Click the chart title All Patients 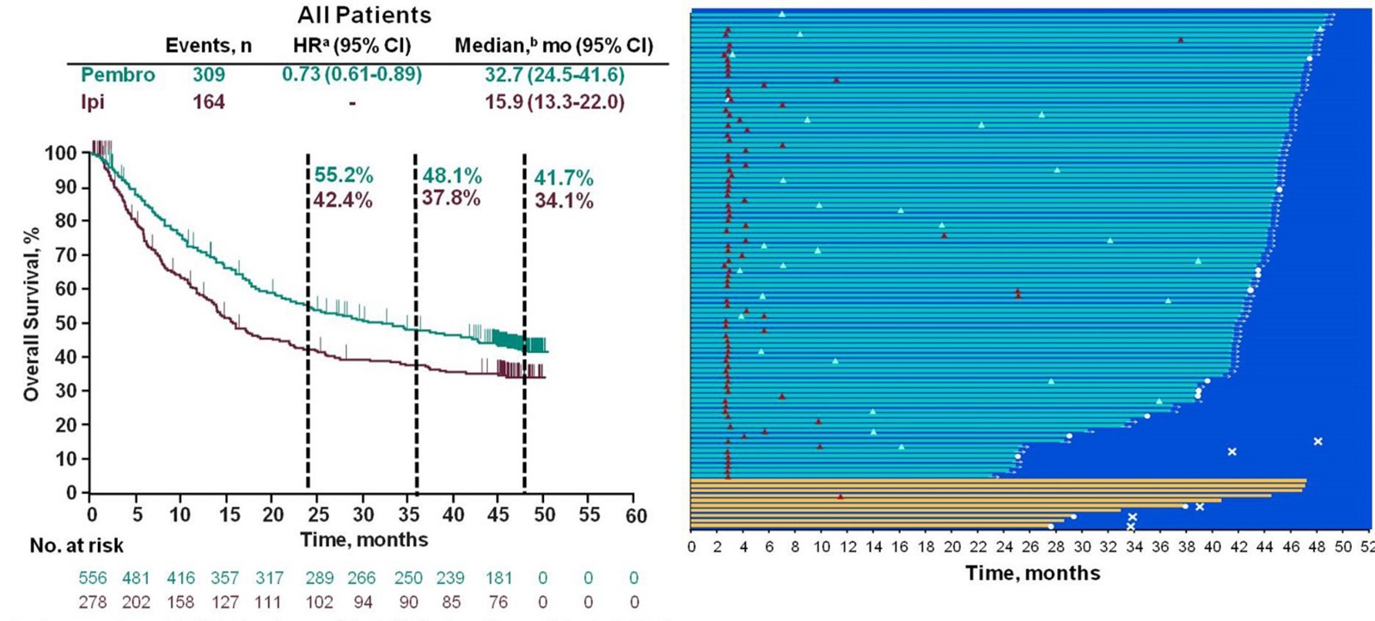364,15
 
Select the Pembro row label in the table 118,75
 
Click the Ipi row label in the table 92,102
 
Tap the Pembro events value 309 209,75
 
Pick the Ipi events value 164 209,102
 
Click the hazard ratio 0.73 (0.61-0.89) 352,74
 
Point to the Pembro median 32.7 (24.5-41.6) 554,75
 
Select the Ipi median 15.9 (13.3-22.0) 554,102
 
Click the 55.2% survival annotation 343,176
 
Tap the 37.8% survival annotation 450,198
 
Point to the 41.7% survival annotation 564,179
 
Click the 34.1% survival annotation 564,201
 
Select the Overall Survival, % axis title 32,314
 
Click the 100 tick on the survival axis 61,154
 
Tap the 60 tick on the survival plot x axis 635,515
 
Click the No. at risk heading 76,545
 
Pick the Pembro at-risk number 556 93,578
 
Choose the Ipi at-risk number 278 93,603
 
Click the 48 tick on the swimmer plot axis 1317,547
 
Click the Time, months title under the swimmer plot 1032,573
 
